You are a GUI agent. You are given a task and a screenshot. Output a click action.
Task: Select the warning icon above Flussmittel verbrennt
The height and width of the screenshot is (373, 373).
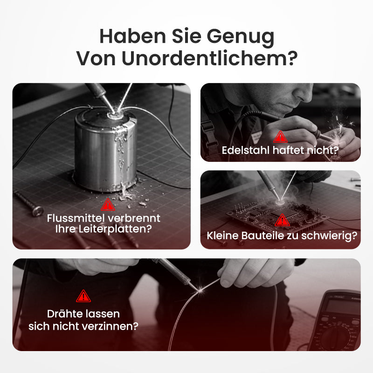[108, 204]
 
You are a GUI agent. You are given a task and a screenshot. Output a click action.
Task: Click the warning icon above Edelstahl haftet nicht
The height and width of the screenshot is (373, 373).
[280, 136]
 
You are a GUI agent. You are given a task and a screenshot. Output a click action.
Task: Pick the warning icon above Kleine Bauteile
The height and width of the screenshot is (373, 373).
[282, 220]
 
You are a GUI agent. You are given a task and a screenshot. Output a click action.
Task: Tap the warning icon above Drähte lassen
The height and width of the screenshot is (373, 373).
[83, 296]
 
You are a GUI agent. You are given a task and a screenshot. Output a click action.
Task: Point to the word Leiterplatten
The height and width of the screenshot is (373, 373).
[120, 229]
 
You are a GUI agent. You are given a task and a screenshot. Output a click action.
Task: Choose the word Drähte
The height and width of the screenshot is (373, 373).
[63, 314]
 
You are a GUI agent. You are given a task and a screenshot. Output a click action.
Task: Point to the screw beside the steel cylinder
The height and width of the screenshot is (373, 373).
[28, 203]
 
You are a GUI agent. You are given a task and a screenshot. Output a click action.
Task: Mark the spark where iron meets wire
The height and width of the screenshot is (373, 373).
[202, 290]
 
